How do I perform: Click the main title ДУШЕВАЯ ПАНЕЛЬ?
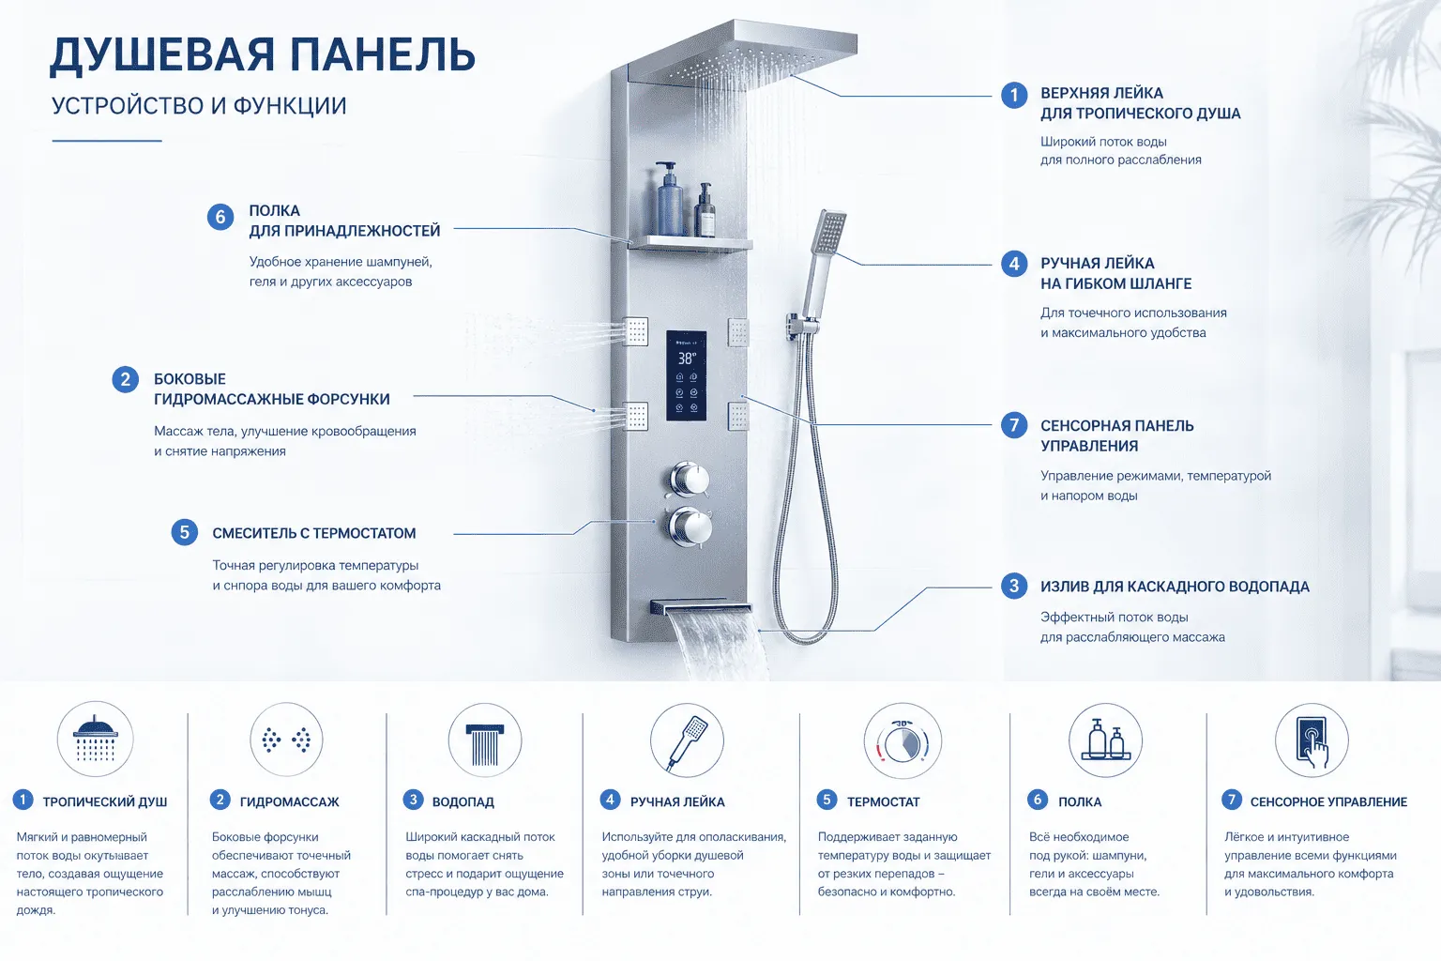pos(263,55)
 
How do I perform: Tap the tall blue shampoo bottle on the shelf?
pos(669,200)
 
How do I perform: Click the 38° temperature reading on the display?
pos(687,358)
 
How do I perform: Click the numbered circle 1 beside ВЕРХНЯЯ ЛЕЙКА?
pos(1014,96)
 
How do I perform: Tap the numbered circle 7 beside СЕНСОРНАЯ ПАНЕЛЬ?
pos(1014,425)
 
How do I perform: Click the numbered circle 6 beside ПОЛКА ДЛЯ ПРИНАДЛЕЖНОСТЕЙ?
pos(220,217)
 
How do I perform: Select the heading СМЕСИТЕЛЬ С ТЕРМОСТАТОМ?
pos(314,533)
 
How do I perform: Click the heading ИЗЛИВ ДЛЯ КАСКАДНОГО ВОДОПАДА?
pos(1175,587)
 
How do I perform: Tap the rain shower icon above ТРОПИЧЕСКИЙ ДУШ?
pos(95,739)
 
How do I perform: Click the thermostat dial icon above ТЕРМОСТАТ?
pos(903,741)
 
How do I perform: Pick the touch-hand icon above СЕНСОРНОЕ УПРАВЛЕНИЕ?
pos(1312,740)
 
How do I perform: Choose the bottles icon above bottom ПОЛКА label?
pos(1105,740)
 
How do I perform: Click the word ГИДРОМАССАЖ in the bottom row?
pos(290,802)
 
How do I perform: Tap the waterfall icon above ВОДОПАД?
pos(484,740)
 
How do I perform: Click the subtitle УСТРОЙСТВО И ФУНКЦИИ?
pos(199,105)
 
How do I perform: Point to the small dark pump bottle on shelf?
pos(705,210)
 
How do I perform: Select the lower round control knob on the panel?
pos(690,526)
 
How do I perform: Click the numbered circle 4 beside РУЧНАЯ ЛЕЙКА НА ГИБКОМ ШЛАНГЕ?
pos(1014,264)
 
